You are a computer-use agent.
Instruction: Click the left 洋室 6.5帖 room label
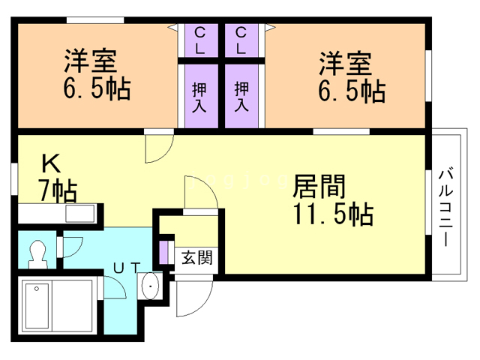pos(96,75)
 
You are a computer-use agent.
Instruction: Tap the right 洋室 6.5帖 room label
pos(350,75)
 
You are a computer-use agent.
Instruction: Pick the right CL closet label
pos(241,40)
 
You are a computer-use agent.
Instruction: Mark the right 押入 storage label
pos(241,96)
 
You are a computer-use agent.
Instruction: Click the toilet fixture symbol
pos(37,253)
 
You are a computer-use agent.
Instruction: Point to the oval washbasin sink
pos(149,288)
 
